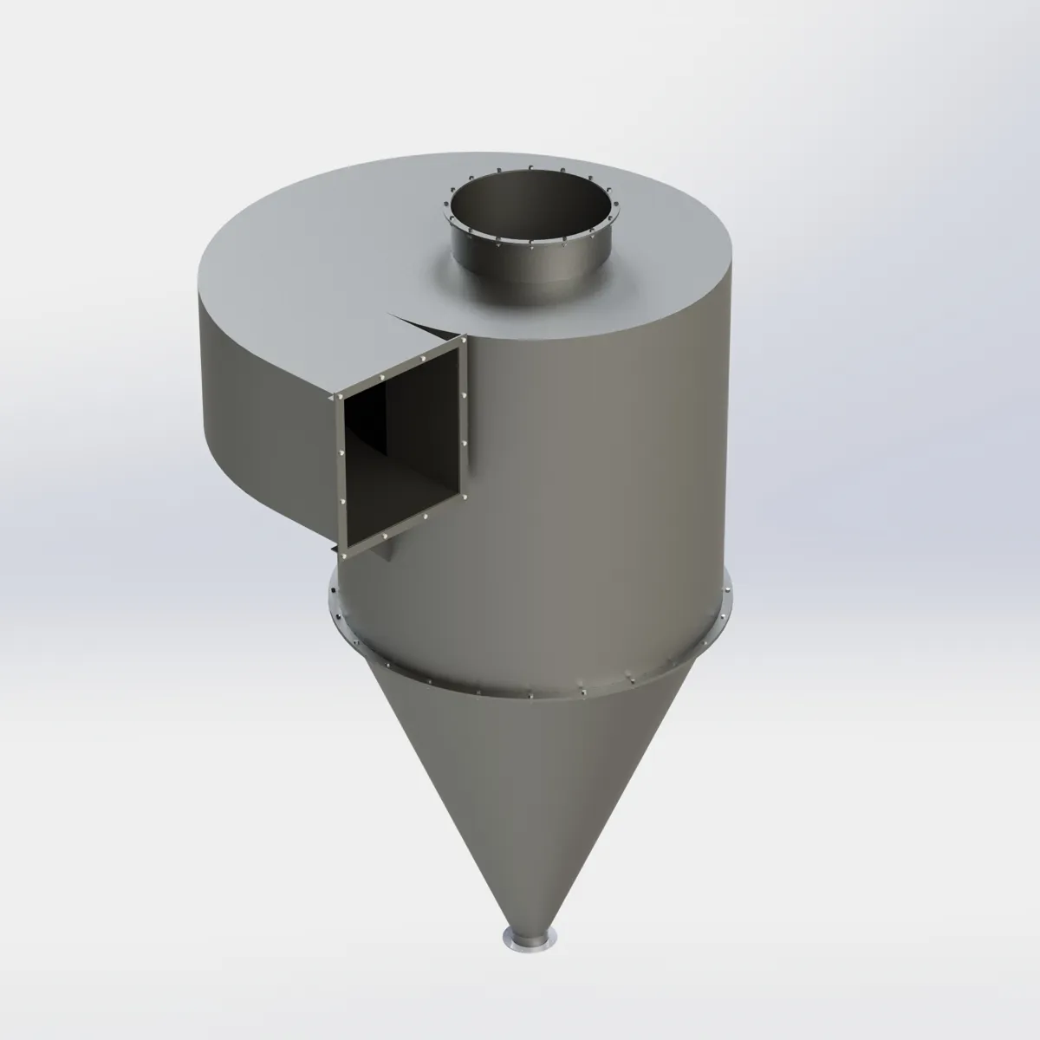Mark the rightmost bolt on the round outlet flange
(x=614, y=208)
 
